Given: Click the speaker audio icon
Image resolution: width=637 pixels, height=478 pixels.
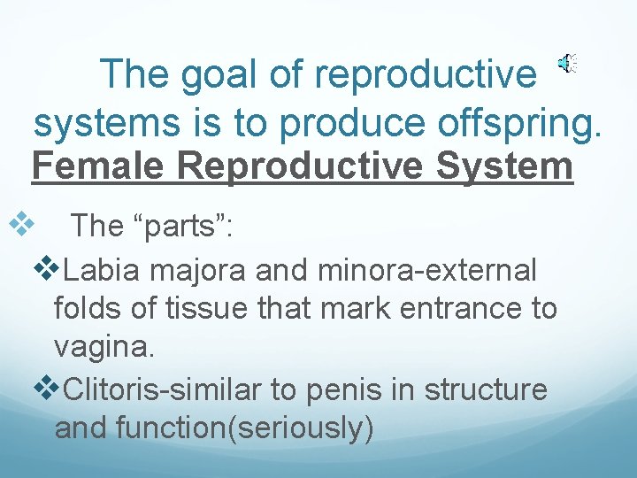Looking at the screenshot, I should pyautogui.click(x=567, y=63).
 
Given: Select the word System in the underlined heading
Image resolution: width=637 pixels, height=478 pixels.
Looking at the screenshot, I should pyautogui.click(x=507, y=166).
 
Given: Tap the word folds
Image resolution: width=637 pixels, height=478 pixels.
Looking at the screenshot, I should pyautogui.click(x=87, y=309).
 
